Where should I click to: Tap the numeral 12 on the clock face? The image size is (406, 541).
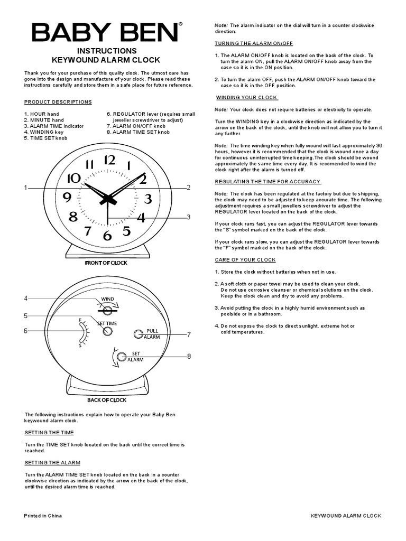[x=109, y=160]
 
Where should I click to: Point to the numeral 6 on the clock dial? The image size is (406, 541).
[x=107, y=236]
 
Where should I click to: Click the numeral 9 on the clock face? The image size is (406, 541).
[x=67, y=198]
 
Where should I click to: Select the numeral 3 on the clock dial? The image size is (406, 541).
[x=148, y=199]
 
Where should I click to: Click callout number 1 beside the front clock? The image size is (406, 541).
[x=25, y=188]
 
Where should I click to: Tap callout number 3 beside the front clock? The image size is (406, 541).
[x=188, y=217]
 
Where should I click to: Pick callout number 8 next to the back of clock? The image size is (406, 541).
[x=188, y=357]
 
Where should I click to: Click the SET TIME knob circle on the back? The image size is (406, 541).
[x=107, y=331]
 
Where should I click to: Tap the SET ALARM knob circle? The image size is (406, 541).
[x=121, y=357]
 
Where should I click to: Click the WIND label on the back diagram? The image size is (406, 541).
[x=108, y=300]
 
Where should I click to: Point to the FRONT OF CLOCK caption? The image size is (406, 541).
[x=106, y=263]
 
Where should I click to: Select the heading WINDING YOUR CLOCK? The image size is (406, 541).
[x=247, y=98]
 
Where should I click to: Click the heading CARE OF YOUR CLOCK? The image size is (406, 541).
[x=245, y=260]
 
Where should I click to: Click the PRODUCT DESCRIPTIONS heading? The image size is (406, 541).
[x=58, y=102]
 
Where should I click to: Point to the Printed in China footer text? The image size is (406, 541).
[x=43, y=516]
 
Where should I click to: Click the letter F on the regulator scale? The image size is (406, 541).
[x=80, y=320]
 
